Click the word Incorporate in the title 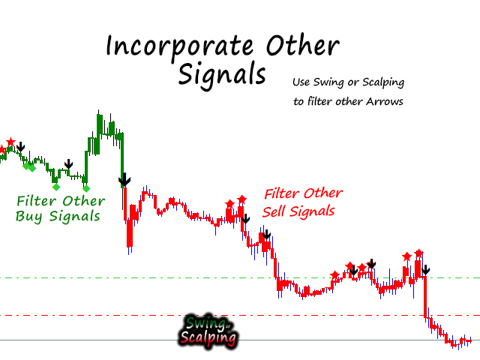click(180, 46)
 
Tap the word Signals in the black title click(222, 75)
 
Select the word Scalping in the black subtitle click(383, 82)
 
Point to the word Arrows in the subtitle click(385, 101)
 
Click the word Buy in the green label click(28, 217)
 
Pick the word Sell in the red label click(273, 211)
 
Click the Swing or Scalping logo click(208, 331)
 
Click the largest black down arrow click(124, 180)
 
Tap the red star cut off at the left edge click(1, 149)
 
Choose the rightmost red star click(418, 253)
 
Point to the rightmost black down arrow click(425, 270)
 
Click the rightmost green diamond click(86, 188)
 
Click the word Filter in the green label click(37, 201)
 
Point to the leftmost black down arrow click(20, 147)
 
